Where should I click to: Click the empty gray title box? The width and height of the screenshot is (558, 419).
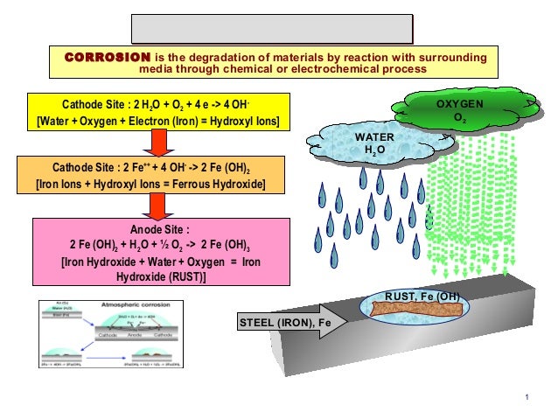pyautogui.click(x=272, y=28)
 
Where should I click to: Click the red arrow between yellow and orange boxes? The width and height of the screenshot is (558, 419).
pyautogui.click(x=158, y=143)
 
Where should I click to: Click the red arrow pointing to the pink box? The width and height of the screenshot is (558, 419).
pyautogui.click(x=158, y=206)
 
